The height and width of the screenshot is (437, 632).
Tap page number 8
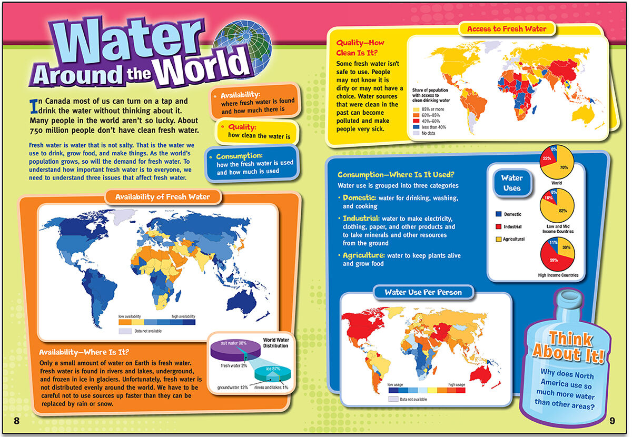(x=16, y=420)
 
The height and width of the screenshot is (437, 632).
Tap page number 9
(x=612, y=420)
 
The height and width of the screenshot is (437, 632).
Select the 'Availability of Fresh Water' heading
(x=162, y=197)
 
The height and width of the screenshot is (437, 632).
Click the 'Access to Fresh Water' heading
(x=507, y=28)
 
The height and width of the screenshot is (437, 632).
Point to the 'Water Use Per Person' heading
(x=423, y=292)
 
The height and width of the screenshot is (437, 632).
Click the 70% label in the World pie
(x=564, y=167)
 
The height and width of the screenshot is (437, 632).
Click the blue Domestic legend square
(x=498, y=214)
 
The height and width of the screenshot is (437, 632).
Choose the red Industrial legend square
(x=498, y=227)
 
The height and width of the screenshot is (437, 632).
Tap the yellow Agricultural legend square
(x=498, y=239)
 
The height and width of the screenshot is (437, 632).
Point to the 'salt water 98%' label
(x=234, y=343)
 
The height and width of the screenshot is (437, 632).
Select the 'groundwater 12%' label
(x=233, y=388)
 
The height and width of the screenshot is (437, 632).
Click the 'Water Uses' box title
(x=511, y=183)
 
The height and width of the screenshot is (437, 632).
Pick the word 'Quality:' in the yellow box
(x=242, y=127)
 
